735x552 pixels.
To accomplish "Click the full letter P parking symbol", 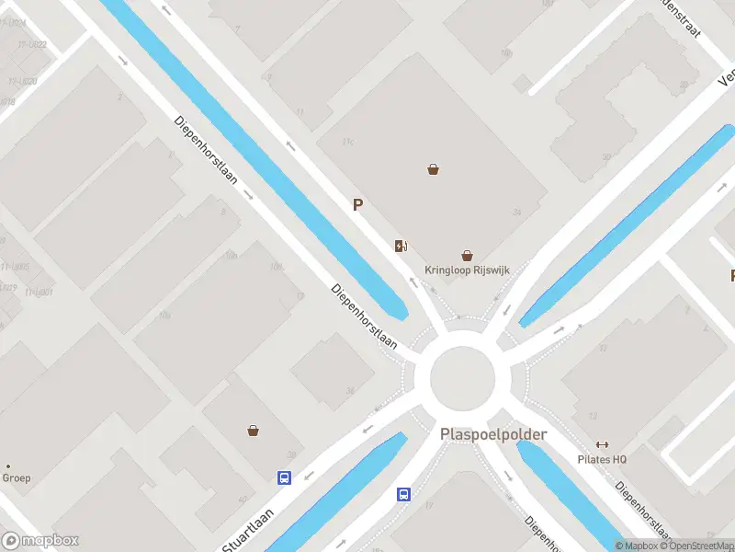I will click(358, 205).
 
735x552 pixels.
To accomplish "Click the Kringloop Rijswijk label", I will click(467, 270).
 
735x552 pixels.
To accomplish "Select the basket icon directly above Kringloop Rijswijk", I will click(467, 256).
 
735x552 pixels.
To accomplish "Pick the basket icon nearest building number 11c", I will click(433, 169).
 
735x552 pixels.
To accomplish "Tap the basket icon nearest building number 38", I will click(253, 430).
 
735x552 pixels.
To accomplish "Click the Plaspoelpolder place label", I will click(493, 434).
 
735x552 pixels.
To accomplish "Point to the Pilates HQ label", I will click(602, 459).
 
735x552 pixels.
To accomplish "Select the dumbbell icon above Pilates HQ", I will click(603, 444).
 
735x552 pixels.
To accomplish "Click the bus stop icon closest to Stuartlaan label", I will click(285, 477).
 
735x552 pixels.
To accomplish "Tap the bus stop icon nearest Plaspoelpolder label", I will click(403, 494).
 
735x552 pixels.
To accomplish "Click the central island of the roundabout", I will click(463, 378).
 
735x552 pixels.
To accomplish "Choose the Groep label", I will click(17, 477).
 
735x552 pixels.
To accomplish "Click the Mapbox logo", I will click(40, 541).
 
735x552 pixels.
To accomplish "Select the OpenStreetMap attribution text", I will click(696, 546).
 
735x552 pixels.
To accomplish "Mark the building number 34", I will click(517, 213).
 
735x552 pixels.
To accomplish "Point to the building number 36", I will click(349, 390).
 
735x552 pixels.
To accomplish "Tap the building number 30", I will click(292, 454).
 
